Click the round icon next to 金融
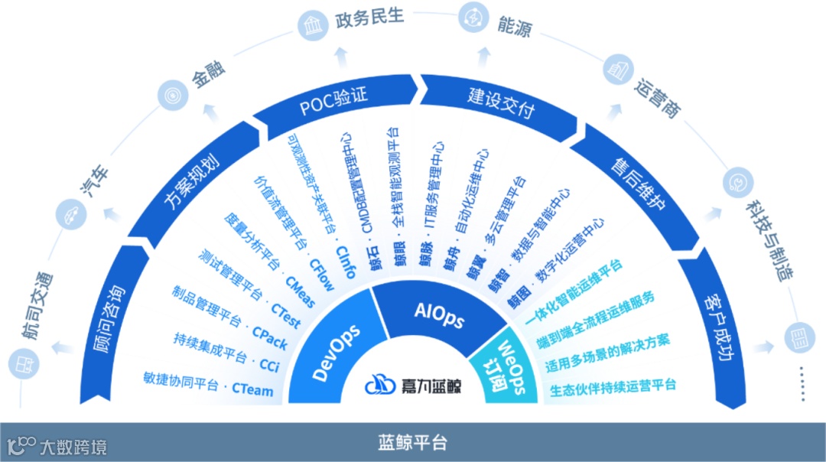click(169, 96)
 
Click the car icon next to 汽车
click(70, 213)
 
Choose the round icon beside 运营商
click(616, 71)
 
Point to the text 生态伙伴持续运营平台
click(613, 386)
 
